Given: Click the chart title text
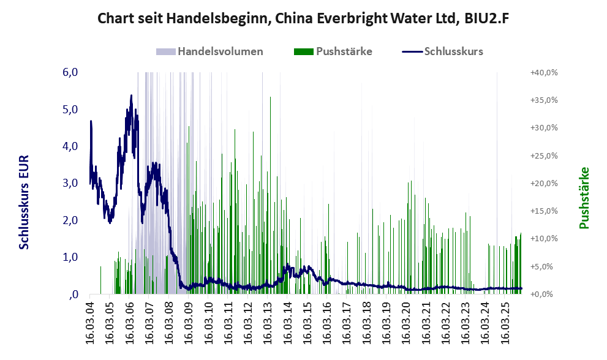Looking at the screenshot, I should pos(304,19).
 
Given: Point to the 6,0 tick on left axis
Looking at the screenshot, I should pos(70,72).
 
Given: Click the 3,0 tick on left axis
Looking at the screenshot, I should pos(70,183).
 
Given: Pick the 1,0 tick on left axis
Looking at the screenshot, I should pos(70,257).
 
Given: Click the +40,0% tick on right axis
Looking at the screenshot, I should pos(544,72).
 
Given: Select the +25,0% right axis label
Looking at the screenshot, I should pos(544,156).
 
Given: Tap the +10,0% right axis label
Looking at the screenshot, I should pos(544,239).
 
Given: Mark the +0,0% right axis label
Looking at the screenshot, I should pos(544,294).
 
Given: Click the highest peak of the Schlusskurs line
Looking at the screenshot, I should pos(131,96).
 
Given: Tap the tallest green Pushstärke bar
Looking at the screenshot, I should pos(270,98).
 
